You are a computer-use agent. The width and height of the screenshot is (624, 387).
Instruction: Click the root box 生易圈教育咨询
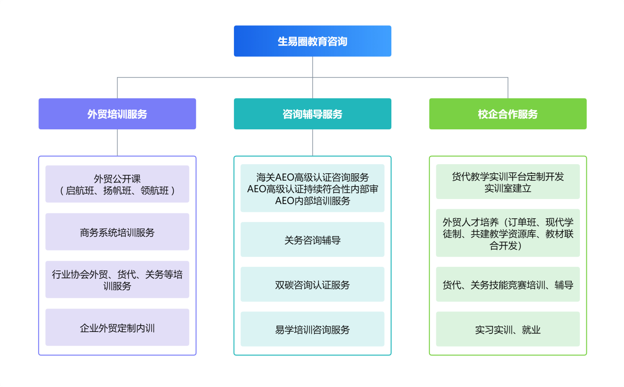tap(312, 41)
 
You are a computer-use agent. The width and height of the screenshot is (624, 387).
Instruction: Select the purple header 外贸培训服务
tap(117, 114)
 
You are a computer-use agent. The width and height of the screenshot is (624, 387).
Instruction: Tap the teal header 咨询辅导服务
tap(312, 114)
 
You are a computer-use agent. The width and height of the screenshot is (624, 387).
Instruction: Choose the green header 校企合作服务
tap(507, 114)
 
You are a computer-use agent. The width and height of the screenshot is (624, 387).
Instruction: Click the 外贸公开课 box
tap(117, 184)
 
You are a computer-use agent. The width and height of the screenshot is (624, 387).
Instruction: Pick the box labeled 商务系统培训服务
tap(117, 232)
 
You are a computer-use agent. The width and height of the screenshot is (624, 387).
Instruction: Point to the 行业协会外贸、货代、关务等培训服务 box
tap(117, 280)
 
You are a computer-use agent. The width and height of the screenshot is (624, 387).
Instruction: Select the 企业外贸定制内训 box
tap(117, 327)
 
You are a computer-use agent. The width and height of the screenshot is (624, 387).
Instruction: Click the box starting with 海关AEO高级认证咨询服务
tap(312, 188)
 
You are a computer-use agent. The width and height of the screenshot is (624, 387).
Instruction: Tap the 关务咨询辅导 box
tap(312, 239)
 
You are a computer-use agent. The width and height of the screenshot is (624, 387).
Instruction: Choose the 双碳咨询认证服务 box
tap(312, 284)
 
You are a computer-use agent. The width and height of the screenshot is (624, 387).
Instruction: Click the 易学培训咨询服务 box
tap(312, 329)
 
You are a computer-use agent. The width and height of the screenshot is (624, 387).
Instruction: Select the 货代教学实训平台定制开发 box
tap(507, 182)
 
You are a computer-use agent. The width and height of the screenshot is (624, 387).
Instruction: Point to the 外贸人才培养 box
tap(507, 234)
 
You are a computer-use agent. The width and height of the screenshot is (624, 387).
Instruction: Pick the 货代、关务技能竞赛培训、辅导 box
tap(507, 284)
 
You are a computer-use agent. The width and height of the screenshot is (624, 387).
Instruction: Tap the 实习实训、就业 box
tap(507, 329)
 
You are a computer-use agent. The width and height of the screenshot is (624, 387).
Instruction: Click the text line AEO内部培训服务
tap(312, 201)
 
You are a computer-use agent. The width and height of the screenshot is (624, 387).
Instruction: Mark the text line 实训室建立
tap(507, 188)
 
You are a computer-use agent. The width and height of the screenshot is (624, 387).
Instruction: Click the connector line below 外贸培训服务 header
tap(117, 143)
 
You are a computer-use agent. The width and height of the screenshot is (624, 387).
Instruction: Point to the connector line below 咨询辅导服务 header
tap(312, 143)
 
